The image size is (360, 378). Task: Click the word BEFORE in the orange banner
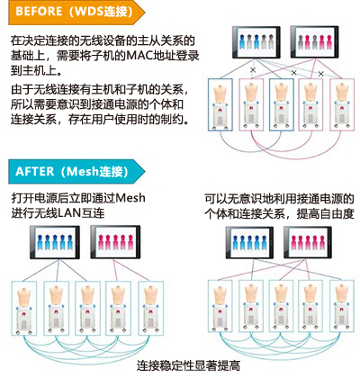tap(39, 12)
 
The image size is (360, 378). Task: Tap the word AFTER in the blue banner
tap(35, 172)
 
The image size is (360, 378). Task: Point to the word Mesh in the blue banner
tap(83, 172)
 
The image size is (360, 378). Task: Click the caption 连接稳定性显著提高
tap(188, 365)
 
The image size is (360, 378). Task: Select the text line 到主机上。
tap(37, 71)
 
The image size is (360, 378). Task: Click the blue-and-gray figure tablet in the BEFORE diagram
tap(256, 42)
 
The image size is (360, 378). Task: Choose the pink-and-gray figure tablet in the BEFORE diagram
tap(315, 42)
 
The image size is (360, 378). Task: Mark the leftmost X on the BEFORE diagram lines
tap(253, 70)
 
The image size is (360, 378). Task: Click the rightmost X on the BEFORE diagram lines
tap(321, 74)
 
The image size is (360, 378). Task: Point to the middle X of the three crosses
tap(293, 73)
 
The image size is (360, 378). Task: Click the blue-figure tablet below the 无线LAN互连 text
tap(55, 242)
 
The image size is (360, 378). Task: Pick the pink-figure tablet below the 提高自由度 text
tap(308, 242)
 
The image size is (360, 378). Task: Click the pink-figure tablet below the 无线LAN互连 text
tap(115, 242)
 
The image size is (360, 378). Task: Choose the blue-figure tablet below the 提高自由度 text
tap(249, 242)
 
